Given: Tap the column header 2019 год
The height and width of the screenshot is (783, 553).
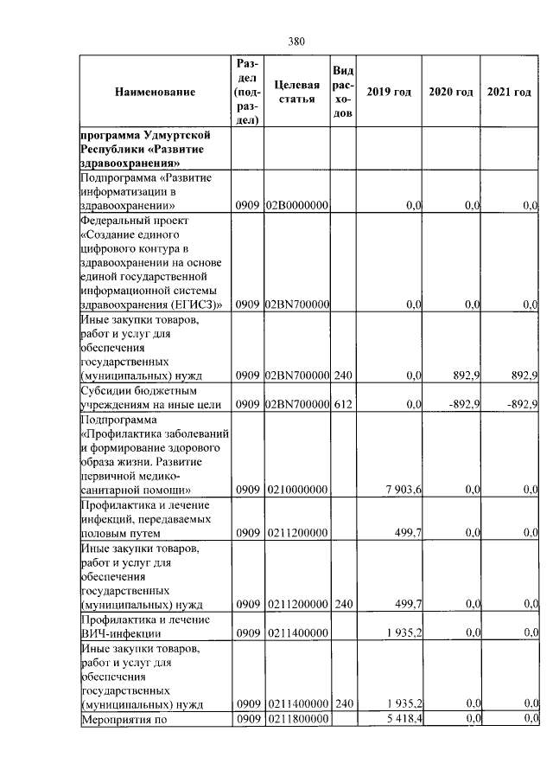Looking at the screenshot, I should [x=389, y=92].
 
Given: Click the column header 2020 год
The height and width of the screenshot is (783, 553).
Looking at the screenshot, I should [x=451, y=92].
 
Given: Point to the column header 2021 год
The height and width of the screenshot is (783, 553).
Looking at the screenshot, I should [x=509, y=92].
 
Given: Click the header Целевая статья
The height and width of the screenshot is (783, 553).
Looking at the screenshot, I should [x=296, y=92].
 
